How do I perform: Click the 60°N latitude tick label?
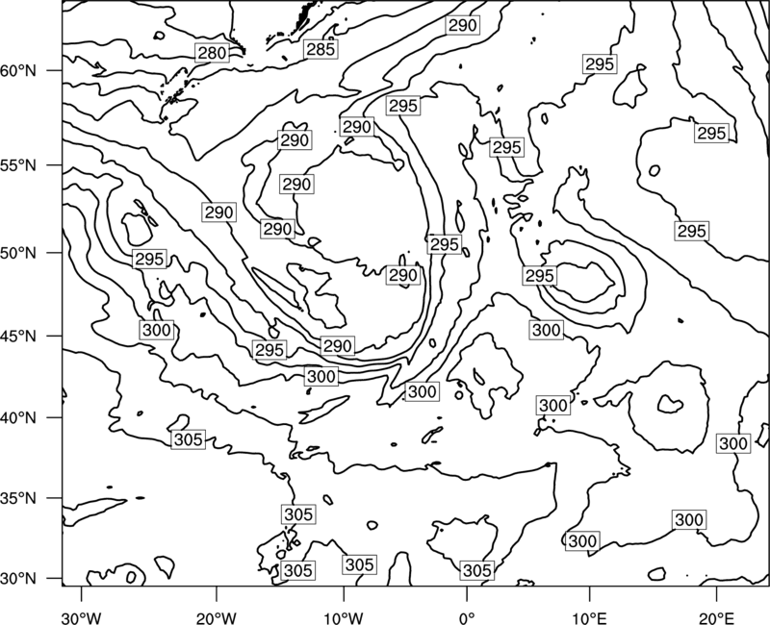(18, 71)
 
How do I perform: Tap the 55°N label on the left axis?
(18, 165)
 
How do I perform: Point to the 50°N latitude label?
(18, 253)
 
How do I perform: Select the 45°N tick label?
(18, 336)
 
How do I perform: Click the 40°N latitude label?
(18, 418)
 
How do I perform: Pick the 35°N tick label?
(18, 498)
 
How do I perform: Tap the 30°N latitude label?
(18, 579)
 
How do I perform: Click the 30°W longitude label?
(82, 618)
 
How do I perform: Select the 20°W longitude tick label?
(216, 618)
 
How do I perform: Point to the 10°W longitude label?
(344, 618)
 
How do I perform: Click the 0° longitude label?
(467, 618)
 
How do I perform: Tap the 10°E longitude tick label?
(589, 618)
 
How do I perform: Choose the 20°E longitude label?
(716, 618)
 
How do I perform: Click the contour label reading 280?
(213, 53)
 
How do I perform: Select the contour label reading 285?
(321, 49)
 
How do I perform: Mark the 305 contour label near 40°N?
(189, 439)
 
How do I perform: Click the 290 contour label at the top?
(463, 25)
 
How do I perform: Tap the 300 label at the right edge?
(733, 443)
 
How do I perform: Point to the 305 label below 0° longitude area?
(476, 570)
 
